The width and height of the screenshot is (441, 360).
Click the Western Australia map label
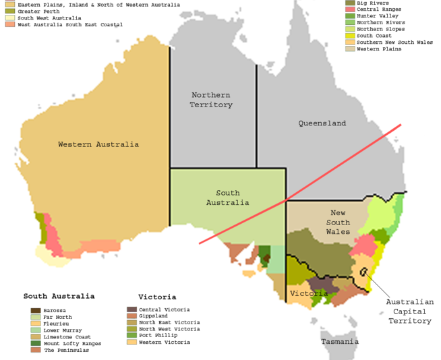98,144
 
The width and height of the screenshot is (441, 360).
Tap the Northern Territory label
211,100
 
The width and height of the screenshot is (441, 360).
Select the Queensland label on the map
322,123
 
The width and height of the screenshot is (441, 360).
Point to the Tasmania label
340,342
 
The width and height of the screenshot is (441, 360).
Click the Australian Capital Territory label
410,311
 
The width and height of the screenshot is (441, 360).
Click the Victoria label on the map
309,293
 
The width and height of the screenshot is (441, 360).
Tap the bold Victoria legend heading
157,297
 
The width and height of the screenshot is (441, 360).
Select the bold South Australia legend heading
59,296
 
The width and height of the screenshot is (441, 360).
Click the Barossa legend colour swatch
35,310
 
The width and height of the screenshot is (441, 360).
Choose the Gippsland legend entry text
154,316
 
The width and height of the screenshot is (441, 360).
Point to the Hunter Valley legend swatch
350,16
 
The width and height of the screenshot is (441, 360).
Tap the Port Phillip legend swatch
131,336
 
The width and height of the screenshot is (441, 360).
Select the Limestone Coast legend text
67,336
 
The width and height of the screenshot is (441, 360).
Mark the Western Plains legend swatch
350,49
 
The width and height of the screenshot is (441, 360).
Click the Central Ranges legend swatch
350,9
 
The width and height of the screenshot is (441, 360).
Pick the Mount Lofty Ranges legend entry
71,343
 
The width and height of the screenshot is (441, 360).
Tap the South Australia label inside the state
228,198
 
